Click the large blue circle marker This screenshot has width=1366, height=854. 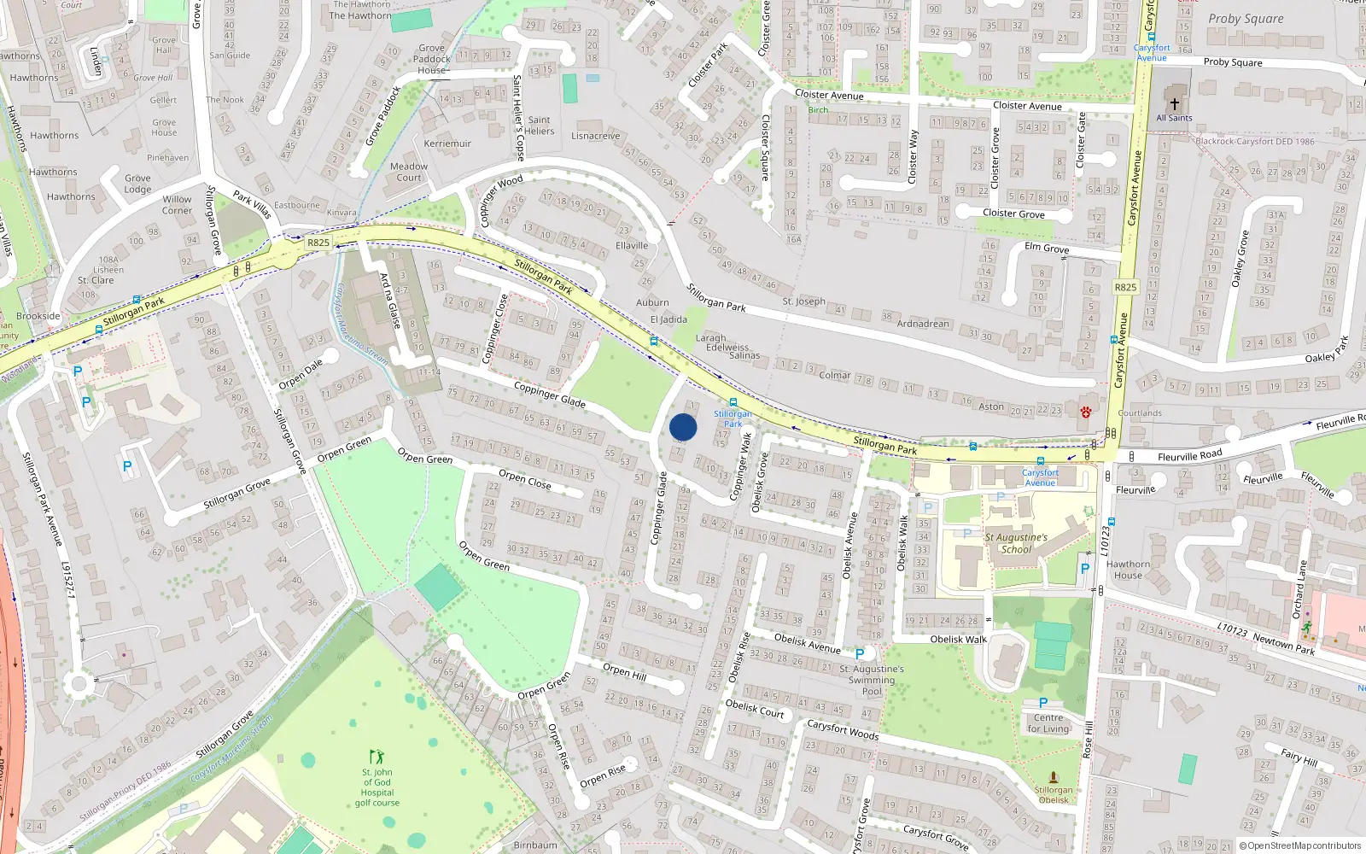coord(683,427)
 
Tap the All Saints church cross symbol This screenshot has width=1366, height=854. coord(1174,103)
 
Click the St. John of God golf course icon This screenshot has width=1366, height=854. coord(377,757)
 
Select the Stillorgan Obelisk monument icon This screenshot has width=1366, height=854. coord(1053,777)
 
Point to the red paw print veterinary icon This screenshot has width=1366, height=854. coord(1085,412)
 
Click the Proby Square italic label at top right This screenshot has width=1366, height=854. coord(1246,19)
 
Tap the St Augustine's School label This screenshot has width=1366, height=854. coord(1016,543)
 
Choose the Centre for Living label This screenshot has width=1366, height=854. coord(1048,722)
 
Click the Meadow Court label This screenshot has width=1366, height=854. coord(409,172)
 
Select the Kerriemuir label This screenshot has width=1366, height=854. coord(447,143)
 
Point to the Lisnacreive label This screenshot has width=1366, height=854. coord(596,136)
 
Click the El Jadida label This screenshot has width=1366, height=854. coord(668,319)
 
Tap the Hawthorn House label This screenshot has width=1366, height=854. coord(1128,570)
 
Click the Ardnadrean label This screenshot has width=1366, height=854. coord(923,324)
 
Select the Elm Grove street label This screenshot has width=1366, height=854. coord(1047,248)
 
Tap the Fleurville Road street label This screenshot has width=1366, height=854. coord(1189,456)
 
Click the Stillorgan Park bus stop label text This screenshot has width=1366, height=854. coord(733,418)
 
